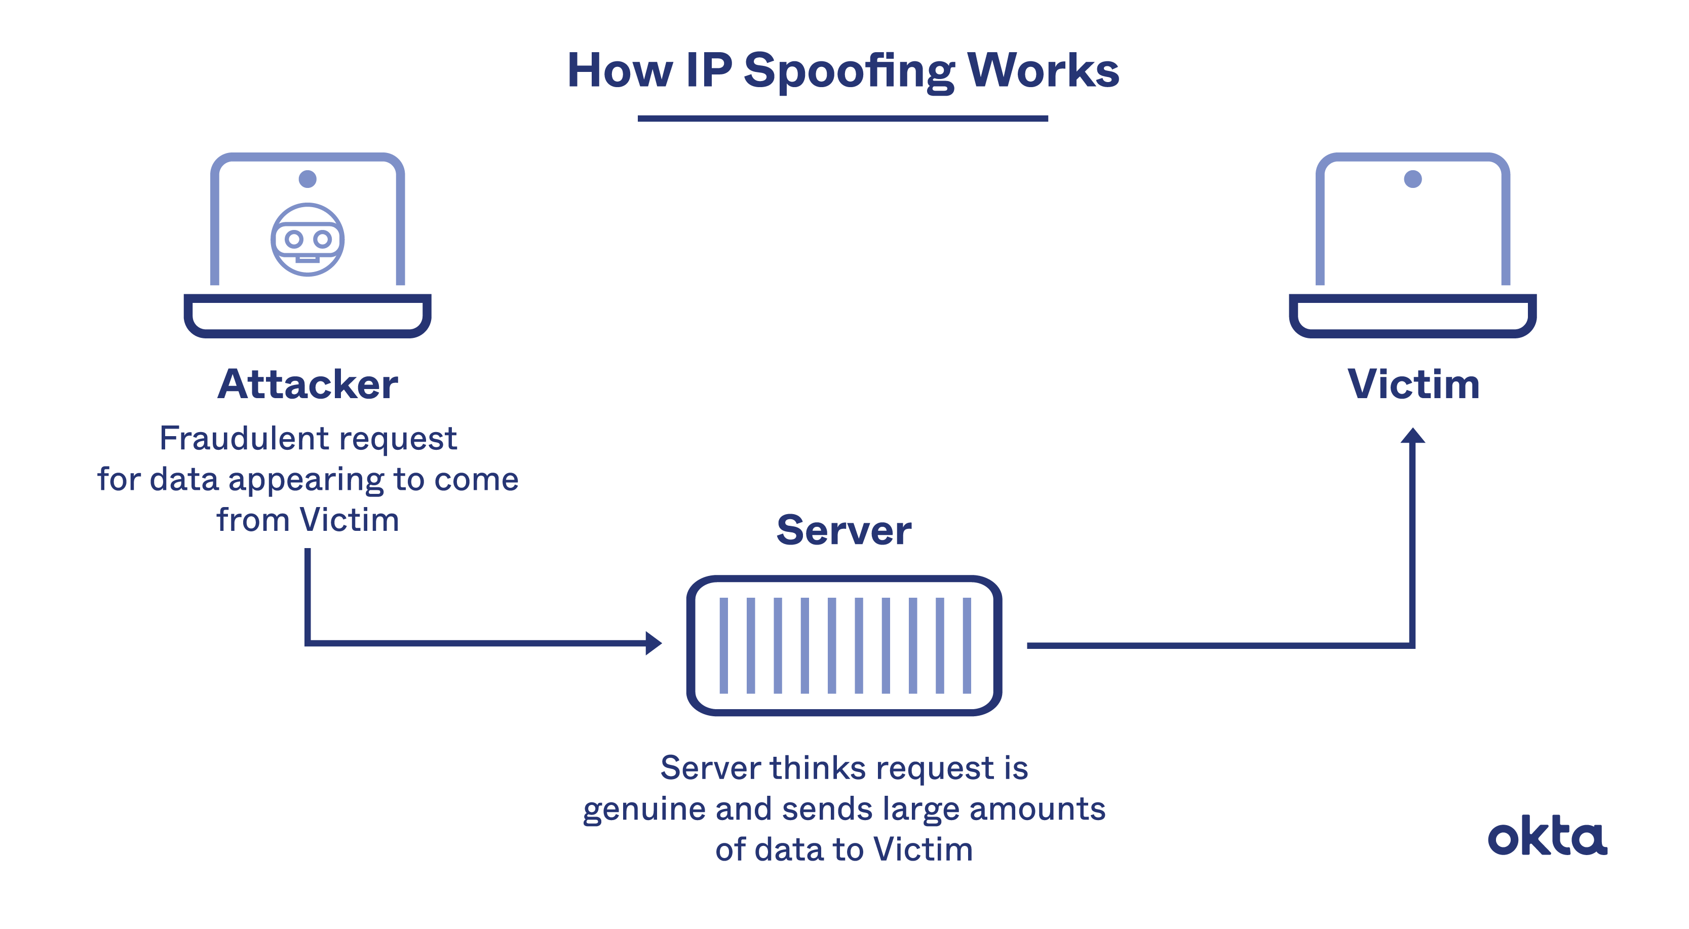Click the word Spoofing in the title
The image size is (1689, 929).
point(849,71)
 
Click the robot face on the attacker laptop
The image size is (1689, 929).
point(308,239)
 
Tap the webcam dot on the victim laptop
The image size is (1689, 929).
point(1413,179)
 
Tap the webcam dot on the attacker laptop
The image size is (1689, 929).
point(308,179)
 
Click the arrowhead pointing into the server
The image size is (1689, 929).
point(653,643)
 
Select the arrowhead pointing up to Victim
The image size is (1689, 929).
point(1413,437)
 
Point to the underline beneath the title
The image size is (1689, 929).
point(842,119)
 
